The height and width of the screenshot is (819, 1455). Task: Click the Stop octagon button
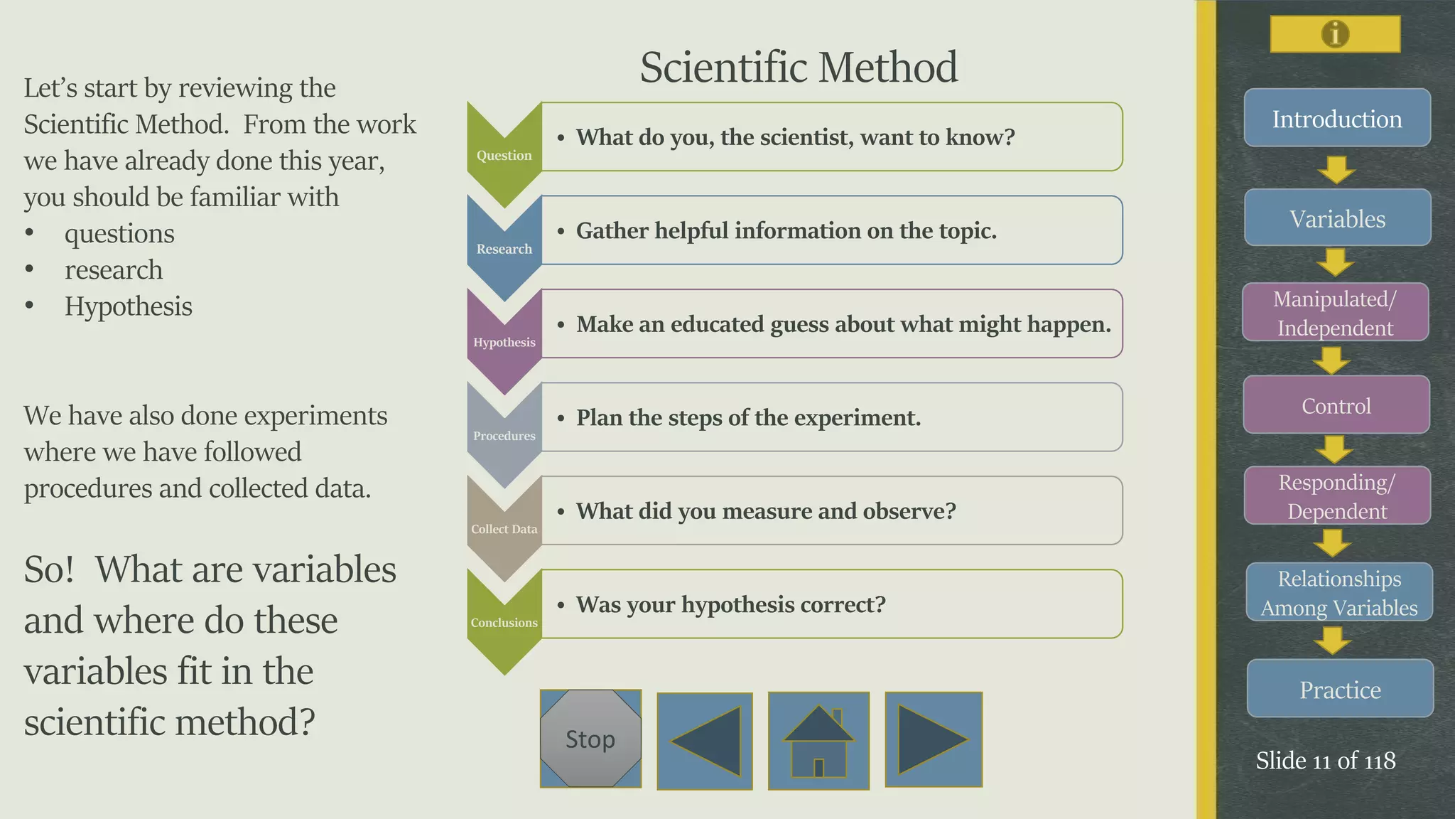(590, 739)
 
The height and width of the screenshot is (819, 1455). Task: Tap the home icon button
(818, 740)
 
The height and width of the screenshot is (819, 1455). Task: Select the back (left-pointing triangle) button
(705, 741)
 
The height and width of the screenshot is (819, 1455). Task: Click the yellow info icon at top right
(1335, 34)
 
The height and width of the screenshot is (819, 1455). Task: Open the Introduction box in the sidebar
(1337, 118)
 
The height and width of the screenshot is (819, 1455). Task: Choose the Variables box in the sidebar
(1337, 218)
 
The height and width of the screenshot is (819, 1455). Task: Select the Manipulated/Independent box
(1335, 313)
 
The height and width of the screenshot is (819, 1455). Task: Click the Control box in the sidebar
(1336, 405)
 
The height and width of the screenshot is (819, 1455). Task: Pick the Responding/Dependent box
(1337, 496)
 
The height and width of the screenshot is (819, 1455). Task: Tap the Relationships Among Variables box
(1339, 592)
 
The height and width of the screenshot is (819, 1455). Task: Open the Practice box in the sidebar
(1340, 689)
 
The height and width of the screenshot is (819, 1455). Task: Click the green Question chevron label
(504, 155)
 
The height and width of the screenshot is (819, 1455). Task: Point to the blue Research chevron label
(504, 249)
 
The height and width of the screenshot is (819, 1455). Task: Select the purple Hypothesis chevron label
(504, 342)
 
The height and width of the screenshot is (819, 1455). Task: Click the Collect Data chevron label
(504, 529)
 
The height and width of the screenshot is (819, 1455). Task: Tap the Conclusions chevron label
(504, 622)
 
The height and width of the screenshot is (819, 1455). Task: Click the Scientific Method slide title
(799, 67)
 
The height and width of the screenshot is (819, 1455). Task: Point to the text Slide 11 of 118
(1326, 761)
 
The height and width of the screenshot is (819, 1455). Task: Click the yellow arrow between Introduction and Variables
(1336, 170)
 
